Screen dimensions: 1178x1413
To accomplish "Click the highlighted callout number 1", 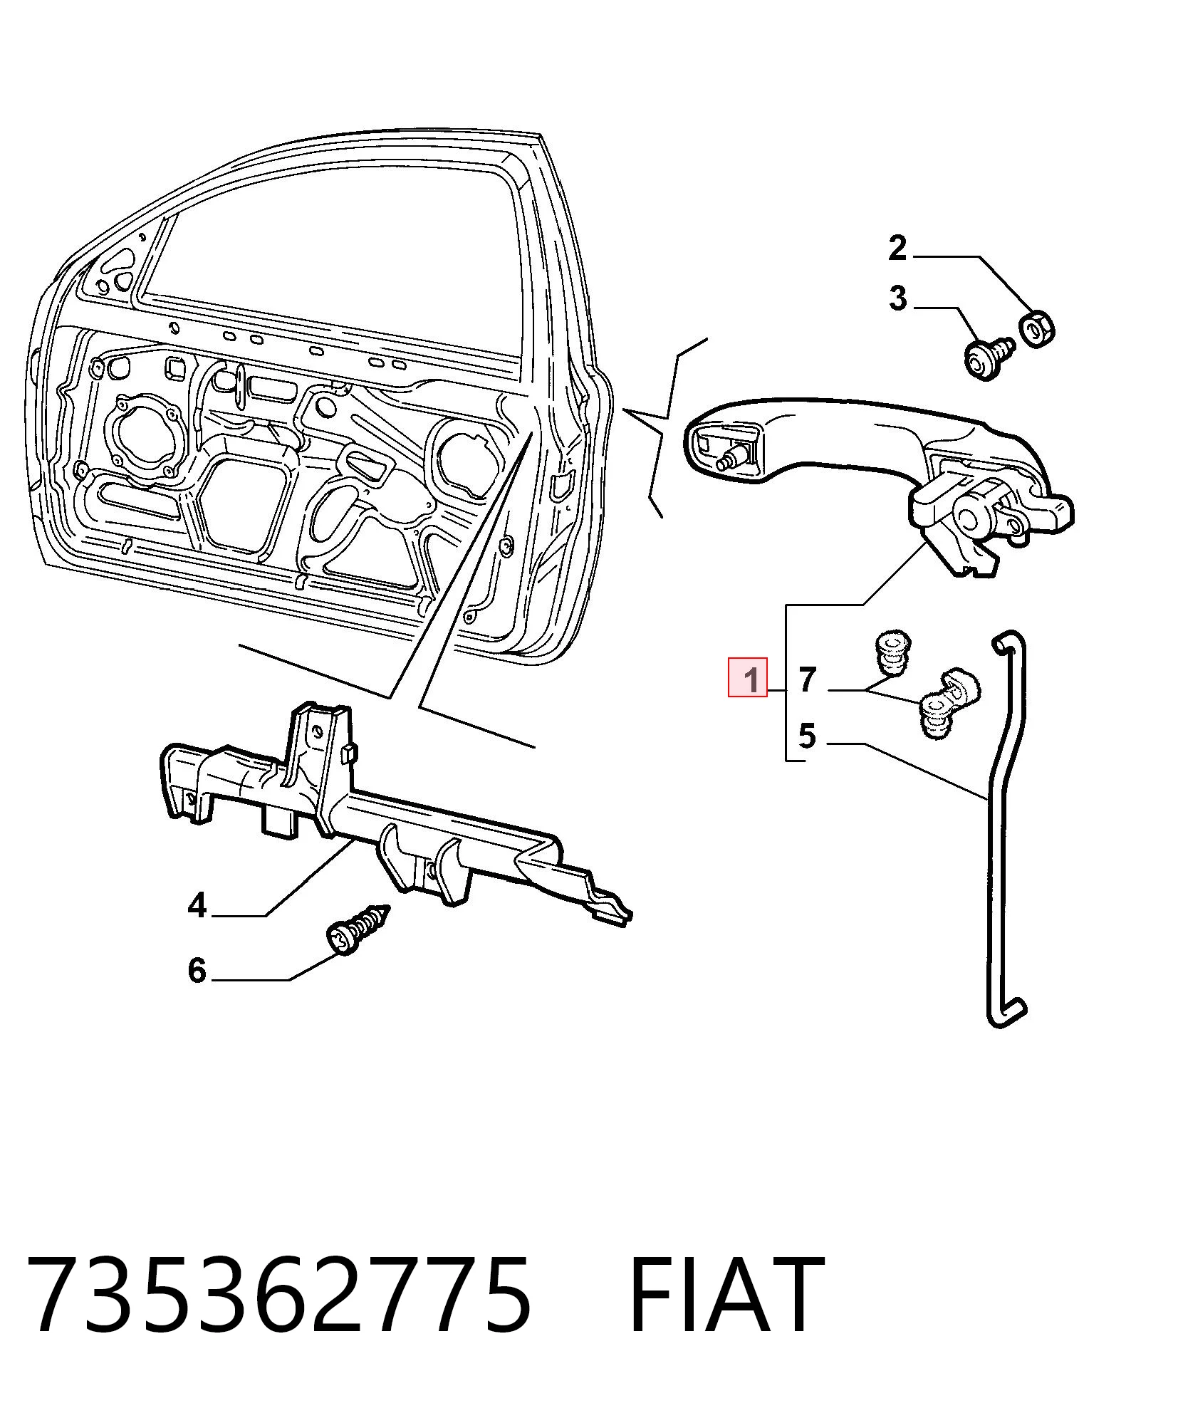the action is (746, 677).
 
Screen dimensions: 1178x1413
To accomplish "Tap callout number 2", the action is (897, 248).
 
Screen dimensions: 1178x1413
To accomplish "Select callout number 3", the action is (898, 298).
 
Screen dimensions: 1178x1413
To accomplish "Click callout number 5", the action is (807, 736).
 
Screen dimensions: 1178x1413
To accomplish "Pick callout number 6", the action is (197, 970).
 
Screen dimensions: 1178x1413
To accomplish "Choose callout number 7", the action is (807, 679).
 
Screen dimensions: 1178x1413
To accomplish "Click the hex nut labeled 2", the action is (1037, 327).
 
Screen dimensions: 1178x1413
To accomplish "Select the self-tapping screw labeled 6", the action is (356, 929).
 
